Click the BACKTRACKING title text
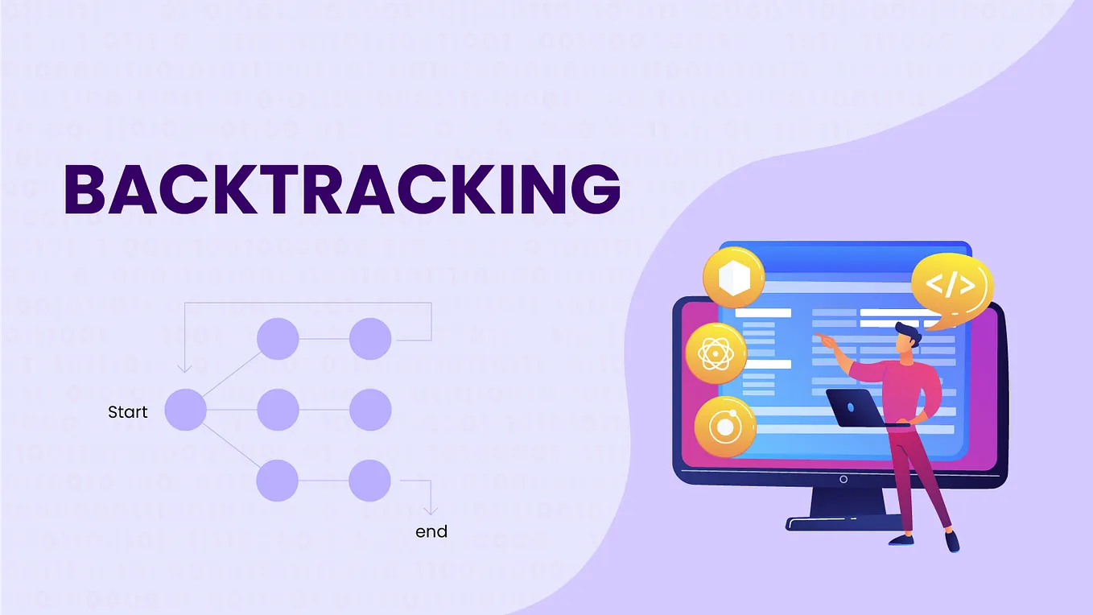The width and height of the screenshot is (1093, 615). click(x=341, y=189)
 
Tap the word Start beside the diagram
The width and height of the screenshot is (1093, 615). click(x=128, y=412)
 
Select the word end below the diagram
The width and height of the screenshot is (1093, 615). click(x=431, y=531)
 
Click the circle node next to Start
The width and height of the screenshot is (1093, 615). click(x=186, y=411)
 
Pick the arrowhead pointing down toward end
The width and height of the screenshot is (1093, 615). click(x=431, y=510)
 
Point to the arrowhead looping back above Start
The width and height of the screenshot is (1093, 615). click(x=184, y=367)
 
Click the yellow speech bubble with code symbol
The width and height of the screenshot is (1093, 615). click(x=951, y=286)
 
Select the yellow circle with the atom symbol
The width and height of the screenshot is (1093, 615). click(x=715, y=353)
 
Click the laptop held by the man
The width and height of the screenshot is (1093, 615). click(x=854, y=407)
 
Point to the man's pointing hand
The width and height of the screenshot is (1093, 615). click(x=822, y=337)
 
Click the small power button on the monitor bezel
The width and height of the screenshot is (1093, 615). click(x=843, y=479)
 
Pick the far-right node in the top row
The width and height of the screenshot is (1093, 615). click(x=370, y=339)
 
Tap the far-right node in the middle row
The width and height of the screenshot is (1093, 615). click(x=370, y=410)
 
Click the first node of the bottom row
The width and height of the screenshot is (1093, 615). click(x=278, y=481)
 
